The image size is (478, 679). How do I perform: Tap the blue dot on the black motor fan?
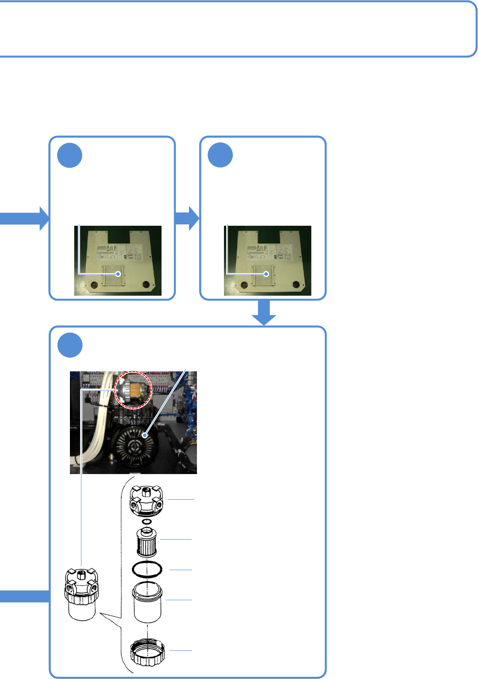(x=144, y=436)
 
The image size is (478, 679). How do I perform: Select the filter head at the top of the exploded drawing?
(x=146, y=501)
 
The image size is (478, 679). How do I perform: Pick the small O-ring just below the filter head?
(x=147, y=521)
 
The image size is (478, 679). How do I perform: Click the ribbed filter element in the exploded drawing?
(x=146, y=542)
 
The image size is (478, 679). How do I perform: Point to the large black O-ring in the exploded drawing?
(x=147, y=569)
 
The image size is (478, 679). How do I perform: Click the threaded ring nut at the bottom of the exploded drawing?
(x=147, y=652)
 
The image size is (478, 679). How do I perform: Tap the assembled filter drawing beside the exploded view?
(x=81, y=594)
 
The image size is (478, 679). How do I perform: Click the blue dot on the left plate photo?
(x=118, y=274)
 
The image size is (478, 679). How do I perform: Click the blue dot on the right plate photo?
(x=266, y=274)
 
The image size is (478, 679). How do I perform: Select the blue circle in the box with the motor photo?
(x=70, y=345)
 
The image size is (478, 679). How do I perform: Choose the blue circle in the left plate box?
(x=70, y=155)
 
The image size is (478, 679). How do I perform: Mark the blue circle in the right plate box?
(x=220, y=155)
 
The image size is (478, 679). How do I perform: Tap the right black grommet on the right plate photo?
(x=295, y=284)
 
